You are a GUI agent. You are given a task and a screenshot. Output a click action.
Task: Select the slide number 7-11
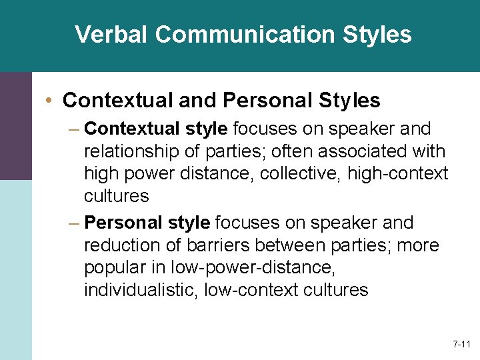(461, 345)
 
